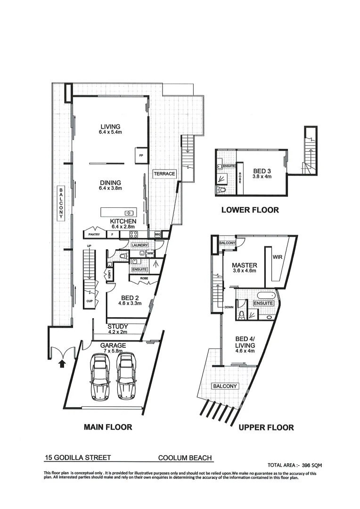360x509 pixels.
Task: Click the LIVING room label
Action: [110, 126]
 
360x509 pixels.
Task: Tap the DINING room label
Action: [110, 182]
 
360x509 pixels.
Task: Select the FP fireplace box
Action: [140, 155]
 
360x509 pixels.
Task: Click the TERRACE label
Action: [164, 174]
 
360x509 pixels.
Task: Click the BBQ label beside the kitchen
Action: [156, 234]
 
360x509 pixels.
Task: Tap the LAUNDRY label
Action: [140, 245]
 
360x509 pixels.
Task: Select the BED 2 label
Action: [130, 298]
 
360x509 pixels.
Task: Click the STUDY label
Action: [118, 326]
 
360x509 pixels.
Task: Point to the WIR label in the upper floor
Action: [277, 257]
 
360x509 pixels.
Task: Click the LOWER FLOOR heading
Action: [250, 210]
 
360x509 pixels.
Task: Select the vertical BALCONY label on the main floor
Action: [61, 204]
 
